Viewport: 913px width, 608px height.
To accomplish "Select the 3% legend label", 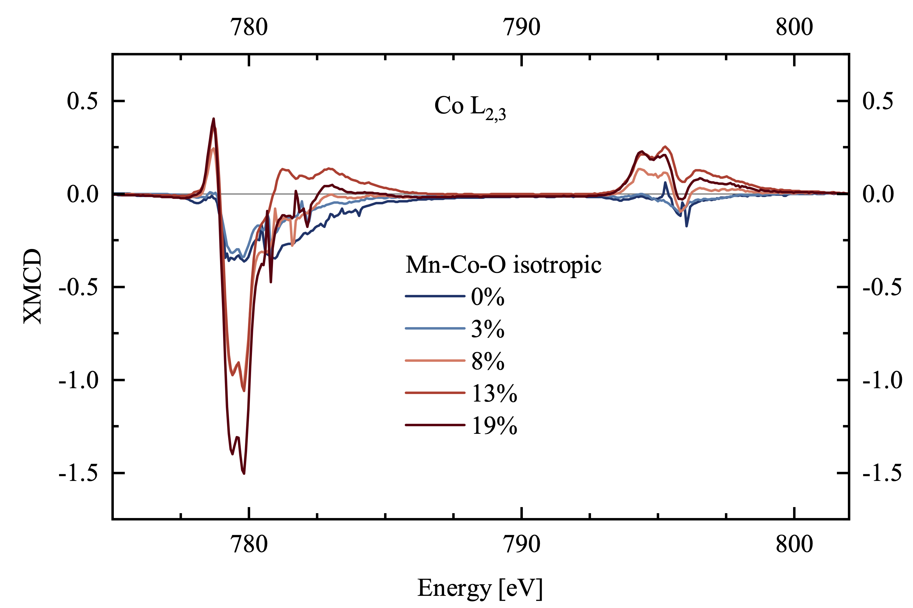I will [x=488, y=329].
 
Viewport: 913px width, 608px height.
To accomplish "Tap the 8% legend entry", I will [x=488, y=361].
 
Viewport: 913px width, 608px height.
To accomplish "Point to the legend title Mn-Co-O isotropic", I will [x=503, y=265].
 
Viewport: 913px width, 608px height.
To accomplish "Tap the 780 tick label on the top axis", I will [x=249, y=27].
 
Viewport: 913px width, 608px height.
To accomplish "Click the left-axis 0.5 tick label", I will [x=82, y=101].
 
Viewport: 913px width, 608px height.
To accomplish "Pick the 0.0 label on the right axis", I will [x=878, y=194].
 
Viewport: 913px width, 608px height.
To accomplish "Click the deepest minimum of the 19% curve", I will [x=244, y=473].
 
